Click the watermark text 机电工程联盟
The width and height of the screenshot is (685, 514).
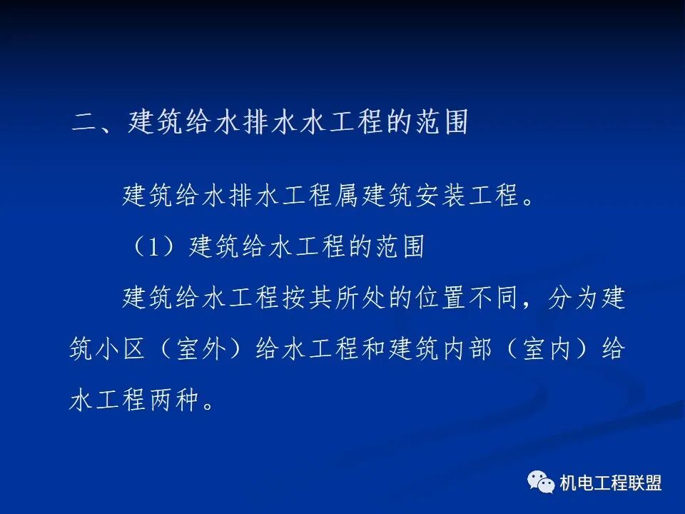pos(611,483)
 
